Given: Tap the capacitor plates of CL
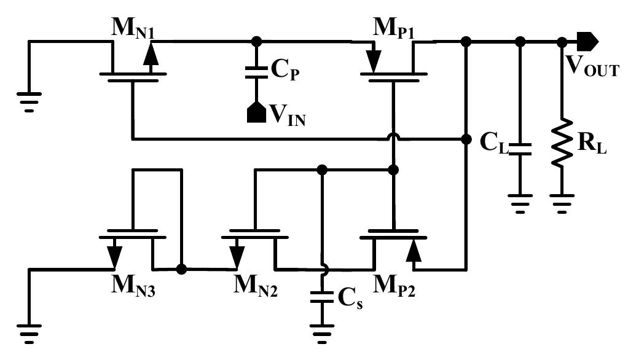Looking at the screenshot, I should pos(520,149).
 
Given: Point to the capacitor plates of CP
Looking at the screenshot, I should pos(257,72).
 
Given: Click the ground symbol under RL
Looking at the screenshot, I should pos(562,202).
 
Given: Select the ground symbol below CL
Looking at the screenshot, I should pos(520,202).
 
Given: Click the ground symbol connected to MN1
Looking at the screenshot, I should pos(28,100).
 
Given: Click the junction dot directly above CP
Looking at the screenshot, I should pos(257,42).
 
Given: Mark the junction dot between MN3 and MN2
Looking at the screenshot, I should pos(181,269).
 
